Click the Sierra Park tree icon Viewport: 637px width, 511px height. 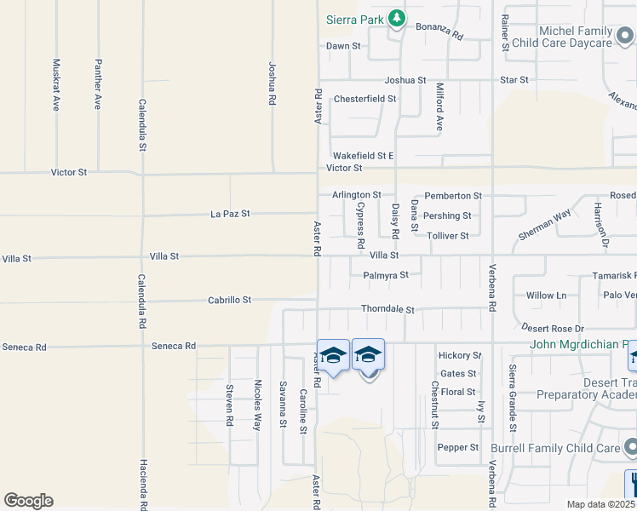[x=396, y=18]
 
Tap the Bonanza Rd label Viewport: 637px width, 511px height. [x=439, y=32]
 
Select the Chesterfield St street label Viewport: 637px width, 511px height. [x=365, y=99]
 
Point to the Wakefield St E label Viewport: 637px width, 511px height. [x=364, y=156]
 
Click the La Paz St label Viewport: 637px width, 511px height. [x=230, y=214]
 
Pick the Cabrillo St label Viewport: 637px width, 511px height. [x=230, y=300]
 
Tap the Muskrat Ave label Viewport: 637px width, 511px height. [x=56, y=84]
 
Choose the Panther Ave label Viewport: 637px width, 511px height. [x=99, y=84]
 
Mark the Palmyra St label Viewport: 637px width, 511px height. [x=386, y=275]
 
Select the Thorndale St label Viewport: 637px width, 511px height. [x=387, y=310]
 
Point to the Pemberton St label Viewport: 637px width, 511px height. [x=453, y=196]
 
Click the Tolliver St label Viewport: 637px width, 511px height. [x=448, y=236]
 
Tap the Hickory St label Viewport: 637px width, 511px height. [x=460, y=355]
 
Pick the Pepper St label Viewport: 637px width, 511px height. [x=458, y=447]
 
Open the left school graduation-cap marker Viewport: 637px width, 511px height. [x=333, y=355]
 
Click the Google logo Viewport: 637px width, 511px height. [x=28, y=501]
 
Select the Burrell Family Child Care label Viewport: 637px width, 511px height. [x=554, y=447]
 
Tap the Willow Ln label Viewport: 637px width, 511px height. [x=546, y=296]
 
